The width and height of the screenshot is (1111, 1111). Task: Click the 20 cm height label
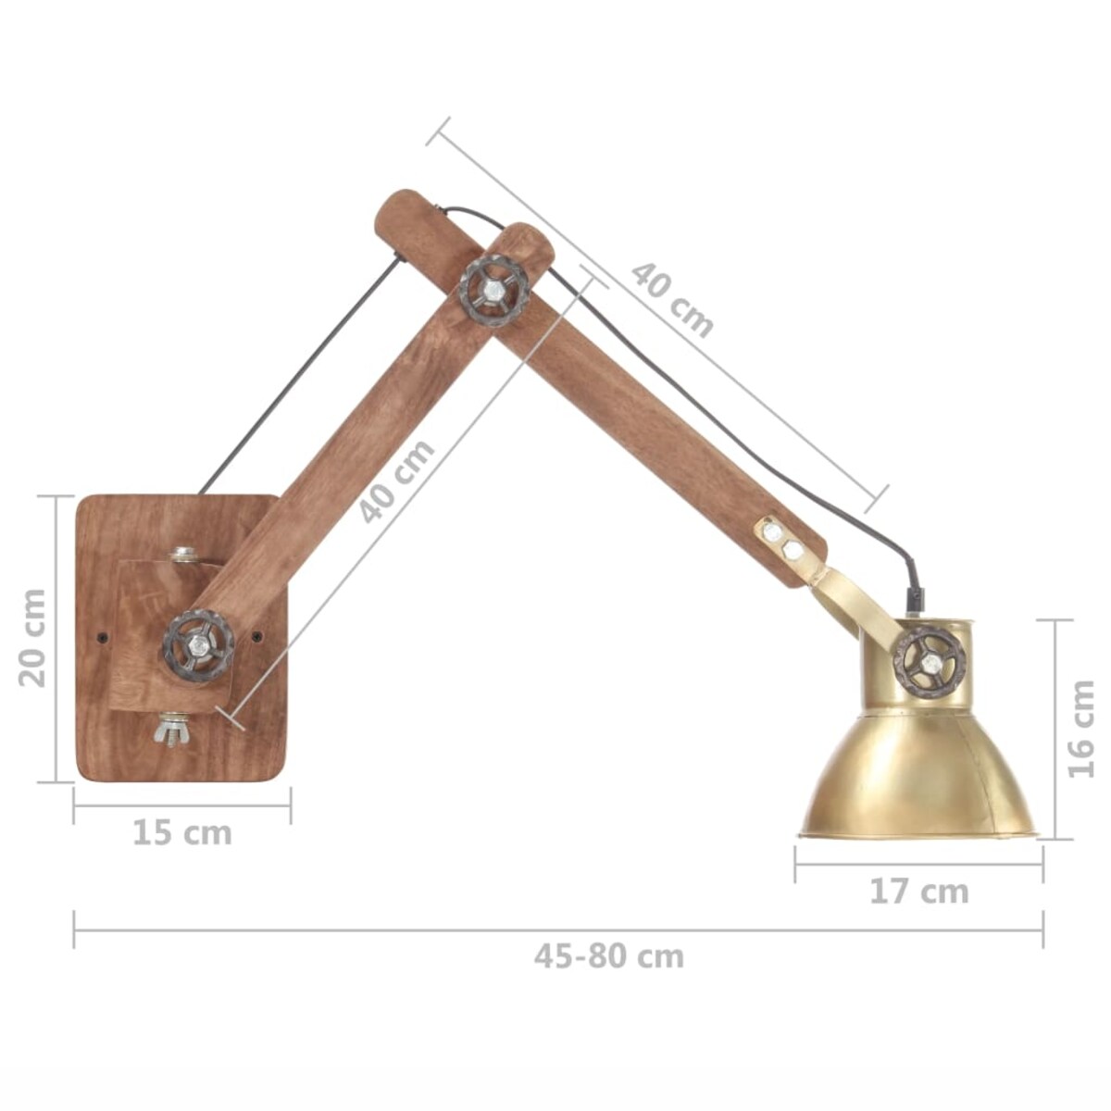click(x=33, y=638)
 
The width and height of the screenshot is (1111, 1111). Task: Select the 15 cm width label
click(x=181, y=832)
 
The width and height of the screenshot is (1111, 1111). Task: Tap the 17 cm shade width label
click(x=918, y=892)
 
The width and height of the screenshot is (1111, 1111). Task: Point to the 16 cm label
click(x=1080, y=730)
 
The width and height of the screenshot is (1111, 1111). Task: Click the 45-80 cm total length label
click(x=608, y=955)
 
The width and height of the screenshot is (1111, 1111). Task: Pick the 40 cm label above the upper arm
click(x=673, y=299)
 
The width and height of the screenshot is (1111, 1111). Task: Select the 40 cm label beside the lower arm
click(x=397, y=481)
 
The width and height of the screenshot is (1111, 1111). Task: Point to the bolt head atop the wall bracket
click(x=182, y=556)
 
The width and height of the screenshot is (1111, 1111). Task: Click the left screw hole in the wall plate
click(x=102, y=637)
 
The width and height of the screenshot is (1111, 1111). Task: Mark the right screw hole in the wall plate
click(x=256, y=636)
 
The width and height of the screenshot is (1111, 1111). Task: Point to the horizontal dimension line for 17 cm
click(x=918, y=865)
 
